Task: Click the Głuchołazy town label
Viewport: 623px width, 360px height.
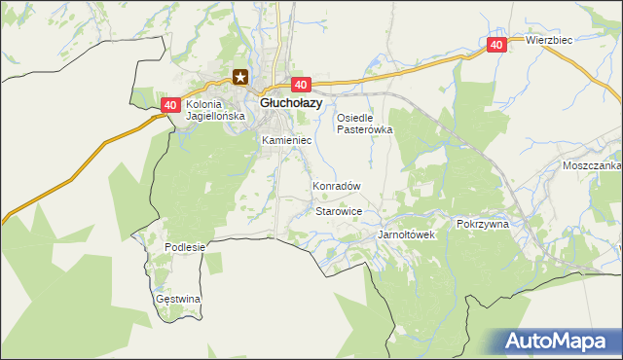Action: tap(290, 102)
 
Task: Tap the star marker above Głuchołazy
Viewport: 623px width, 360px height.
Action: tap(240, 78)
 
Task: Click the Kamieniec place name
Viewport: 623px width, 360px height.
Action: tap(286, 140)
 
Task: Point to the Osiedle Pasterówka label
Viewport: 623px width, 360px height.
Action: tap(364, 124)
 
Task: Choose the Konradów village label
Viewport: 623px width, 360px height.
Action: tap(337, 186)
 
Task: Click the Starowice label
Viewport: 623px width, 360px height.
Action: tap(340, 210)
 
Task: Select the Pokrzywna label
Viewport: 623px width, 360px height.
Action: tap(482, 224)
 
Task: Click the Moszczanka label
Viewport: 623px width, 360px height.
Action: tap(591, 166)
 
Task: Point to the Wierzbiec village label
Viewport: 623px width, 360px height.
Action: tap(548, 41)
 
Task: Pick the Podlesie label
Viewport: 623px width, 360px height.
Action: tap(185, 247)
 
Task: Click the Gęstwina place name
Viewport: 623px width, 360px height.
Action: tap(178, 299)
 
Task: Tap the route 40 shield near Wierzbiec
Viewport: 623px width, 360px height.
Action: tap(496, 45)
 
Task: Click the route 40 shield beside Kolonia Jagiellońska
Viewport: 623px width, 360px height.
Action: tap(170, 105)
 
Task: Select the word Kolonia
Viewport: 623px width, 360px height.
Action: tap(205, 104)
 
